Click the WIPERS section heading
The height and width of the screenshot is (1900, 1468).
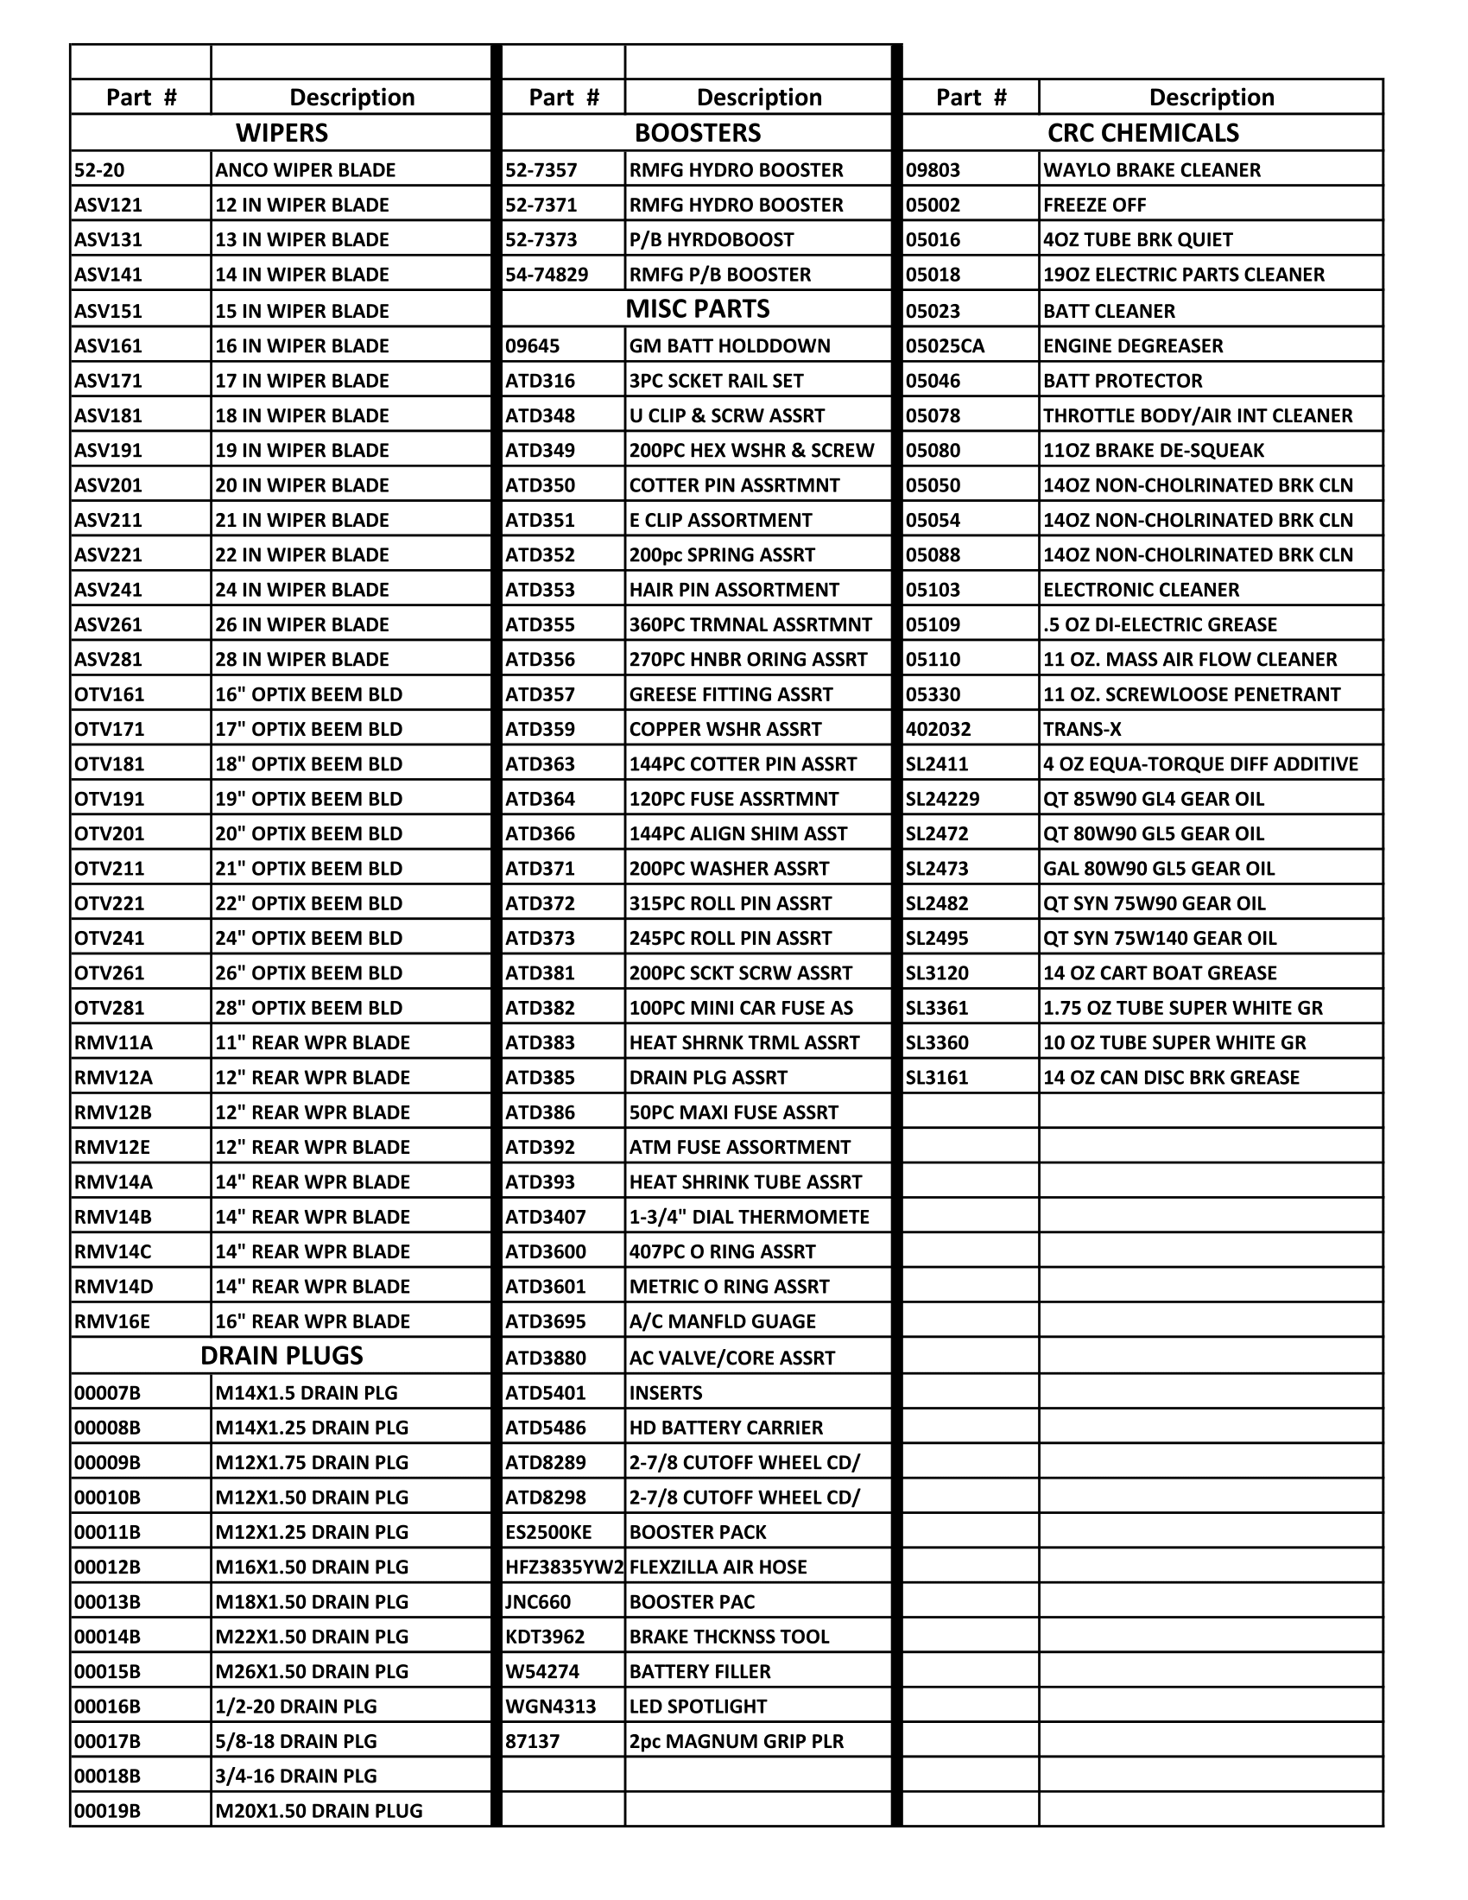click(282, 133)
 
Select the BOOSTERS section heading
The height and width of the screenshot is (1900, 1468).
click(698, 133)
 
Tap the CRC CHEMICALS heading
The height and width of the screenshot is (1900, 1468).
click(1142, 133)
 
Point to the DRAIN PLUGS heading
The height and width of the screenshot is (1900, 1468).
click(282, 1355)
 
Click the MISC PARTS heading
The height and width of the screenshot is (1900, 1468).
click(698, 309)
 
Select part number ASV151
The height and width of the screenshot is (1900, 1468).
click(109, 311)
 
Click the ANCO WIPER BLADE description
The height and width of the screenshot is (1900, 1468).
click(305, 169)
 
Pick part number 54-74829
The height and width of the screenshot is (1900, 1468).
click(547, 275)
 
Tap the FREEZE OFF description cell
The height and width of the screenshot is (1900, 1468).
click(1095, 206)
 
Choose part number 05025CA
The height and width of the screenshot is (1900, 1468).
click(946, 345)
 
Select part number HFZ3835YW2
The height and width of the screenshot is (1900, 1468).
click(565, 1567)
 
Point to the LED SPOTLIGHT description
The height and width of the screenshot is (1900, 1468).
click(699, 1706)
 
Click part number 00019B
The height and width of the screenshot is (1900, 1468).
click(107, 1810)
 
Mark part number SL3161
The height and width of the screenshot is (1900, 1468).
click(937, 1077)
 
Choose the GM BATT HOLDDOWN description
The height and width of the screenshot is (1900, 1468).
click(730, 345)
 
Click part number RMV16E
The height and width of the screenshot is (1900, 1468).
click(112, 1320)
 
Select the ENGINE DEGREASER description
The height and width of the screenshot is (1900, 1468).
click(1133, 345)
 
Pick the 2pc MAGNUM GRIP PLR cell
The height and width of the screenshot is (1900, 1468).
click(735, 1741)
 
